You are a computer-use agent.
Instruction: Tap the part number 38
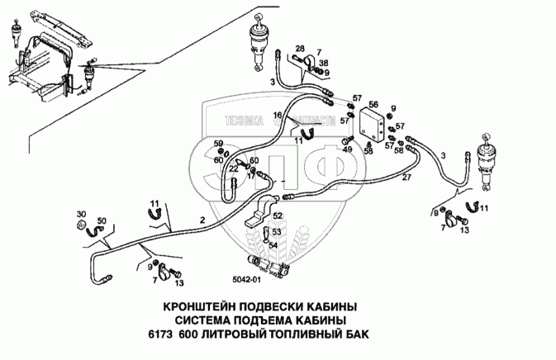click(324, 63)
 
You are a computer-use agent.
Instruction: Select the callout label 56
click(373, 104)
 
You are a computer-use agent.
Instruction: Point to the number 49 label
click(348, 149)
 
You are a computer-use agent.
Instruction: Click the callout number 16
click(278, 115)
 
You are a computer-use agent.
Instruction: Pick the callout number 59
click(219, 145)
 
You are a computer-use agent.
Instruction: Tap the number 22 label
click(234, 168)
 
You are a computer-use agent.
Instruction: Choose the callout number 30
click(80, 213)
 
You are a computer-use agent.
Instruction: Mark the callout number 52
click(278, 216)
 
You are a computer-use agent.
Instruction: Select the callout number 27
click(406, 178)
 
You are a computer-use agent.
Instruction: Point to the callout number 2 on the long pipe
click(202, 220)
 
